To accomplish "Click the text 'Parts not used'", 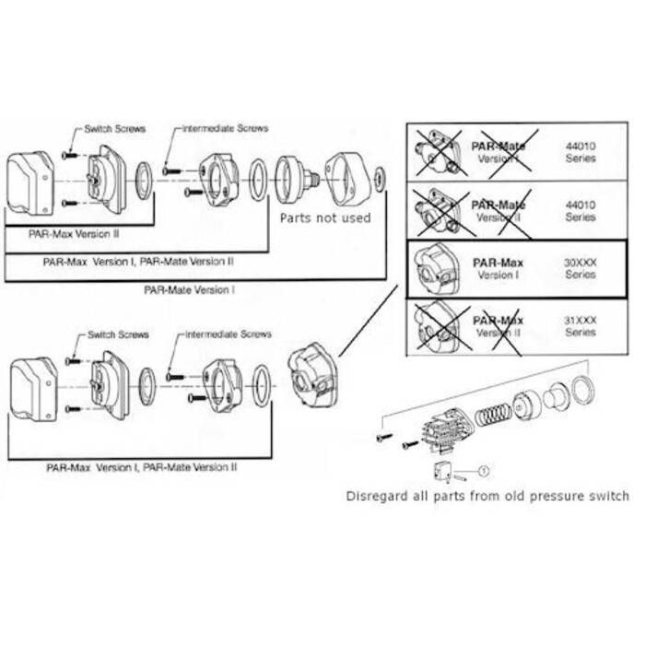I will pos(325,217).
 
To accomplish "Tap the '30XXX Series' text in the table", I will pos(580,268).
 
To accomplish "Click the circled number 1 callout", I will pos(485,469).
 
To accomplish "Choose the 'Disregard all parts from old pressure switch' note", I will pos(487,496).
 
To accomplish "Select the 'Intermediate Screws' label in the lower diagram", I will pos(227,334).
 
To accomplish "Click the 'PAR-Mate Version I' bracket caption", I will pos(190,288).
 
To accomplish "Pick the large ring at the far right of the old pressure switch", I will pos(580,390).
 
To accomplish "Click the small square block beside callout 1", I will pos(441,471).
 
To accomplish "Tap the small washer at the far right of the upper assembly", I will pos(380,174).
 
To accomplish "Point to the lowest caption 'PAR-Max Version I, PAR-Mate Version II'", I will pos(141,467).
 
